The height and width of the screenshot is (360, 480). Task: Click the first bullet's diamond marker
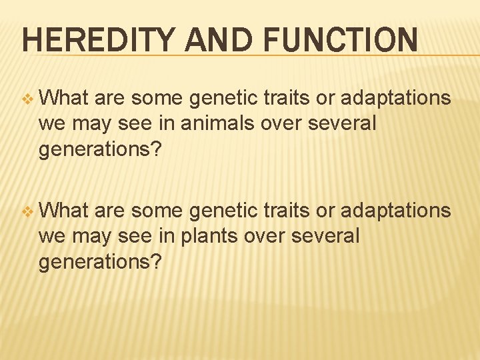[27, 99]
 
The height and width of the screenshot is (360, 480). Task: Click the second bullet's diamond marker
[27, 211]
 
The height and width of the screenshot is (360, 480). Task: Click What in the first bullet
[64, 98]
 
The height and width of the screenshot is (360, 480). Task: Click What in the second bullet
[64, 211]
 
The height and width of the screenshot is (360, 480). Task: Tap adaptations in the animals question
[395, 99]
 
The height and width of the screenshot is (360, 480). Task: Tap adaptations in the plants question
[395, 211]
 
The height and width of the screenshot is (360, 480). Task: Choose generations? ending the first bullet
[100, 149]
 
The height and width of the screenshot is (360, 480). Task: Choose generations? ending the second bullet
[100, 262]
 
